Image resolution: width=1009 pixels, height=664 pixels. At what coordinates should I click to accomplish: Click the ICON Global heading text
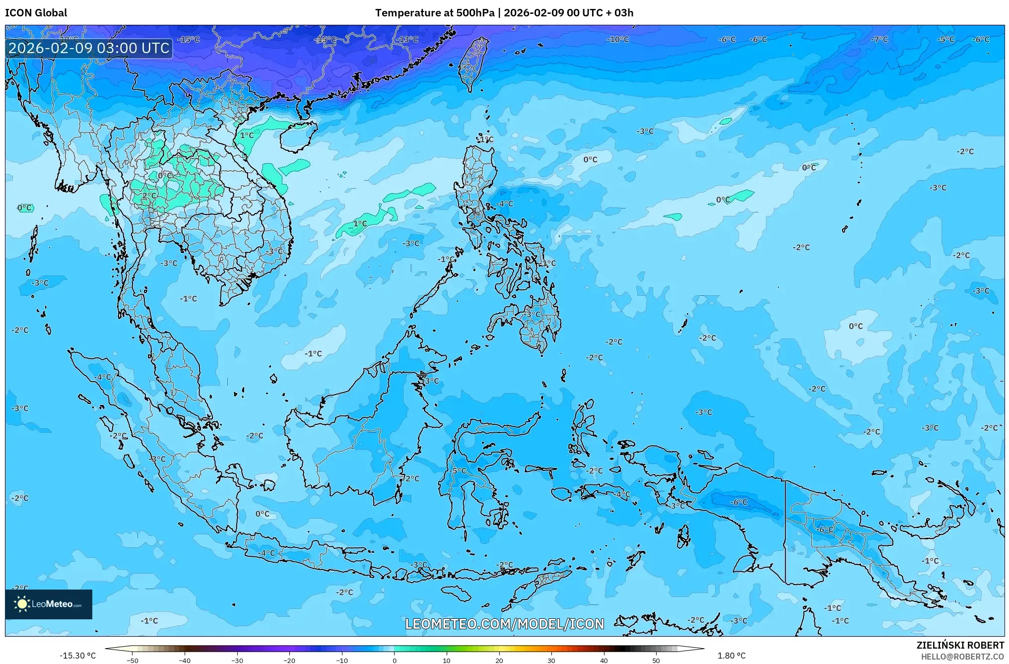coord(36,13)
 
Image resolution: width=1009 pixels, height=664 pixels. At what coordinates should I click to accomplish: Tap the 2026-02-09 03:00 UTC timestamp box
coord(89,48)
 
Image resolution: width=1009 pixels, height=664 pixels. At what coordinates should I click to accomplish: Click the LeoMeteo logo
coord(49,604)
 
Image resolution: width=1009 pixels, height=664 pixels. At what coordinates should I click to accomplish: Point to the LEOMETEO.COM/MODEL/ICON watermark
coord(505,624)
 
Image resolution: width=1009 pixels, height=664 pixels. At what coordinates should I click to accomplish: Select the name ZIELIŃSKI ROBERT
coord(960,645)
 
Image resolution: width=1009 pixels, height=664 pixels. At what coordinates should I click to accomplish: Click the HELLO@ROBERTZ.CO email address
coord(962,657)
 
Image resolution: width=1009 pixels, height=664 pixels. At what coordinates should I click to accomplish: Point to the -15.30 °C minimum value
coord(78,656)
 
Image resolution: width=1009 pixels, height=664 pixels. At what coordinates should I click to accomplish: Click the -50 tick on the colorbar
coord(133,660)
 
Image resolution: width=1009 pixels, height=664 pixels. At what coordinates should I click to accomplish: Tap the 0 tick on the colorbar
coord(395,660)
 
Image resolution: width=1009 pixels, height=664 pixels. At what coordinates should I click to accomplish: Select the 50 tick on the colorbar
coord(656,660)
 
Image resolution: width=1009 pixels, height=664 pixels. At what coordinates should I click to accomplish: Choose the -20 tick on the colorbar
coord(289,660)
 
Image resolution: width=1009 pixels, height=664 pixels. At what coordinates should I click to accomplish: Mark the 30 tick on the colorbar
coord(551,660)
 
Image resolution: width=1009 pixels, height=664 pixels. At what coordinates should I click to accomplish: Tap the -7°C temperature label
coord(879,39)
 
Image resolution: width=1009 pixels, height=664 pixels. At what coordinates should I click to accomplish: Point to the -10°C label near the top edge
coord(618,39)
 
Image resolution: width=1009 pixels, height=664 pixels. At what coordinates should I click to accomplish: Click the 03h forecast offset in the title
coord(624,13)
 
